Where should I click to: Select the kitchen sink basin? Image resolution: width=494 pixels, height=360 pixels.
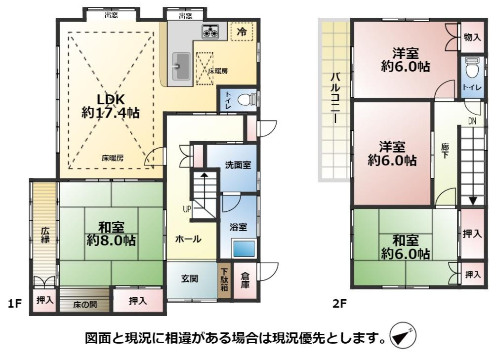(181, 66)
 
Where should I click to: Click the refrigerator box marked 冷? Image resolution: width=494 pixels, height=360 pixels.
(242, 32)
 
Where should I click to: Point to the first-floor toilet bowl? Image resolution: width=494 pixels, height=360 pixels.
(245, 100)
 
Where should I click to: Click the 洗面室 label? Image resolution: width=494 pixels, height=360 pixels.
(238, 165)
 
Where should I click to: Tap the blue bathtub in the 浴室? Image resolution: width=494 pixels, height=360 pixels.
(244, 248)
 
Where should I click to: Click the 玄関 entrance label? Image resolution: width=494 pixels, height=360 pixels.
(190, 279)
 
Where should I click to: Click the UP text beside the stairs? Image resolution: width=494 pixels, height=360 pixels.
(187, 209)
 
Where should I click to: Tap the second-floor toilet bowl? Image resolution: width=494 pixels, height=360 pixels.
(472, 69)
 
